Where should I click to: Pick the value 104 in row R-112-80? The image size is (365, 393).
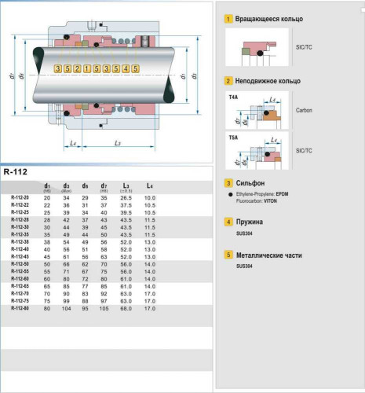coord(66,308)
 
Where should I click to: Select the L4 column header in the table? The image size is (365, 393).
coord(150,185)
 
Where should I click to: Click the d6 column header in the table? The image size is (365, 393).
coord(85,185)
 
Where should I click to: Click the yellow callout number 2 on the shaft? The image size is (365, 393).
coord(77,69)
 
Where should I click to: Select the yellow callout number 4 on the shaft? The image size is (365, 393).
coord(126,69)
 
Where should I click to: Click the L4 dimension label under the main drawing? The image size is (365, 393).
coord(72,142)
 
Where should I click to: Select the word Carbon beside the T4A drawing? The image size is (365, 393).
coord(305,110)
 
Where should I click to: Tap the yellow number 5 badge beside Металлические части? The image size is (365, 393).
coord(228,255)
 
